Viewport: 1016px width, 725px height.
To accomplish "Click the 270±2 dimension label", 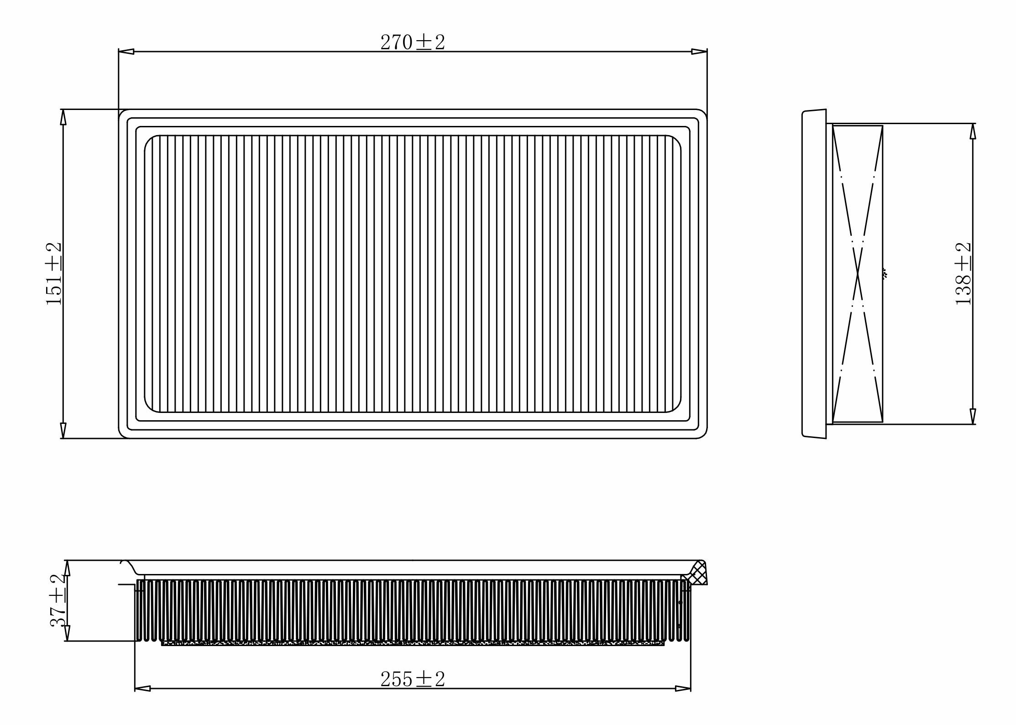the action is [412, 42].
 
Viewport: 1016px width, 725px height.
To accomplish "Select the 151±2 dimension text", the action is [54, 273].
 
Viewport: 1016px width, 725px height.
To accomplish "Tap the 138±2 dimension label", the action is [964, 273].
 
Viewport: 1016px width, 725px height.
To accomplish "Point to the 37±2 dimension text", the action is [58, 600].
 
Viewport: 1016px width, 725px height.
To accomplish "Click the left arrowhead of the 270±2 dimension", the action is [126, 52].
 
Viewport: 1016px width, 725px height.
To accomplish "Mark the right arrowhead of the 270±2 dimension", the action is [699, 52].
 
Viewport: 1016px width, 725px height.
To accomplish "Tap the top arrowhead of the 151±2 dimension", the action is [63, 117].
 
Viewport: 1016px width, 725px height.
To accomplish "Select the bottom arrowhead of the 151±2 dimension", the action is [63, 430].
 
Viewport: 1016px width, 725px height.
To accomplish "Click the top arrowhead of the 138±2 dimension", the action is [973, 131].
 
